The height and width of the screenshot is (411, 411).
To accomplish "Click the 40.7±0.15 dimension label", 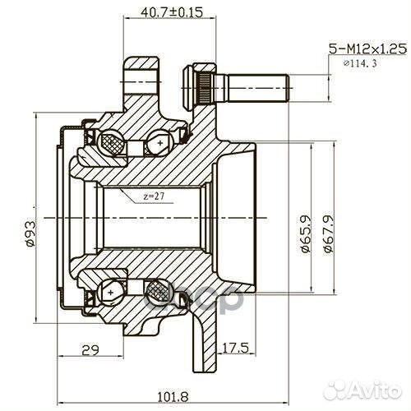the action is [x=172, y=12].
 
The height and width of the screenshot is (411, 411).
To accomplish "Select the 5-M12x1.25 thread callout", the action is [x=367, y=49].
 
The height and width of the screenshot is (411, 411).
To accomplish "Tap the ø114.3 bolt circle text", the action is [x=360, y=63].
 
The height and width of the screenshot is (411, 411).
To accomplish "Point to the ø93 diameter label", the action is [x=30, y=233].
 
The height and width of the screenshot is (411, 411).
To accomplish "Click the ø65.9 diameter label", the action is [x=305, y=229].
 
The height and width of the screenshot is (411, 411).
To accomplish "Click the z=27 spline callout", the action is [x=154, y=196].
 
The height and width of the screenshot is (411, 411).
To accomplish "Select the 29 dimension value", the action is [x=90, y=350].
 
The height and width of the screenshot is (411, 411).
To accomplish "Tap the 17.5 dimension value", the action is [x=235, y=348].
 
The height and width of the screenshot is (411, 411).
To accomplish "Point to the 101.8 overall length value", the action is [x=173, y=396].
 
